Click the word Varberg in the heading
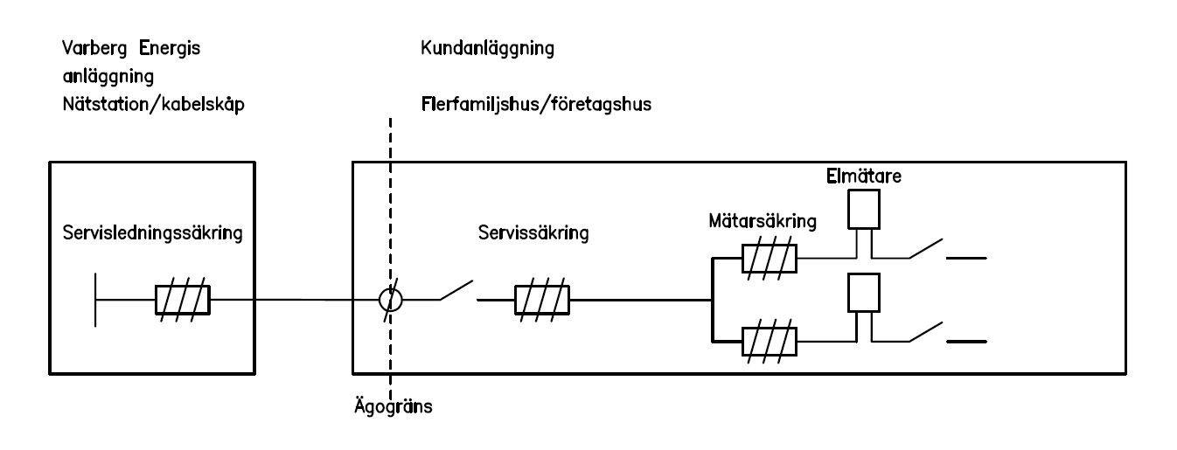(x=92, y=49)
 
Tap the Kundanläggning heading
(x=486, y=49)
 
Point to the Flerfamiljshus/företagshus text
(x=536, y=104)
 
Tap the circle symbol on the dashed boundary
(x=390, y=300)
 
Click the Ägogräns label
(x=391, y=407)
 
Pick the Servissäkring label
(x=533, y=233)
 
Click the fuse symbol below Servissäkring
(x=542, y=300)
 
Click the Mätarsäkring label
(x=763, y=221)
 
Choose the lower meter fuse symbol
(x=770, y=341)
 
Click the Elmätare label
(x=864, y=177)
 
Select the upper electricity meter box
(x=864, y=208)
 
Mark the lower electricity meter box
(x=864, y=293)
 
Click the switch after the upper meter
(x=925, y=250)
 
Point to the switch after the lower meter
(x=925, y=333)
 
